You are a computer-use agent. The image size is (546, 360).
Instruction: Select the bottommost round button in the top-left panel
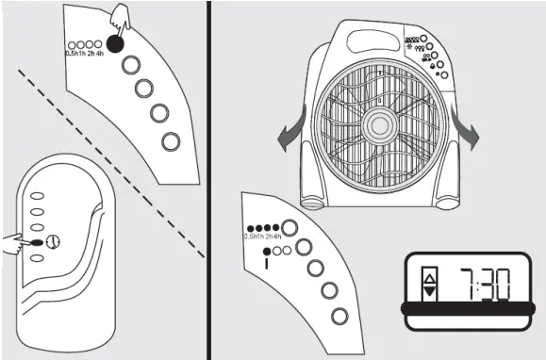(x=171, y=141)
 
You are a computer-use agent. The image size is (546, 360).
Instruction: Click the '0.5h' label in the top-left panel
(x=73, y=53)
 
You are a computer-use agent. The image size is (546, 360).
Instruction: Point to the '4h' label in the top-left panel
(x=99, y=53)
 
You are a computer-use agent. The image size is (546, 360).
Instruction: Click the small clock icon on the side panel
(x=53, y=241)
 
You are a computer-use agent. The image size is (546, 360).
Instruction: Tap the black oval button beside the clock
(x=37, y=242)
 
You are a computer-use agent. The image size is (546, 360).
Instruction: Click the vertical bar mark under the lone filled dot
(x=267, y=262)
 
